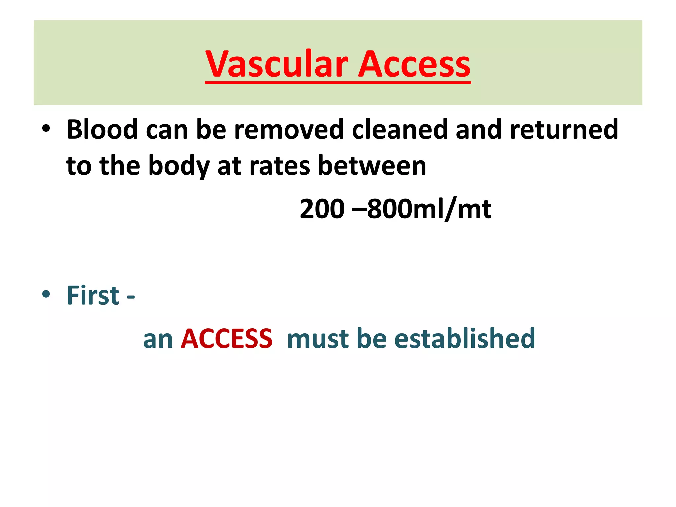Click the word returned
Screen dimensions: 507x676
tap(564, 129)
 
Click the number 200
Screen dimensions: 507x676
tap(322, 209)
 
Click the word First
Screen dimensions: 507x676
tap(93, 295)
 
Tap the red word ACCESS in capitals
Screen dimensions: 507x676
tap(227, 339)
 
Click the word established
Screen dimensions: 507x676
tap(465, 339)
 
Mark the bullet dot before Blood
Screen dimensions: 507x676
tap(46, 129)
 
